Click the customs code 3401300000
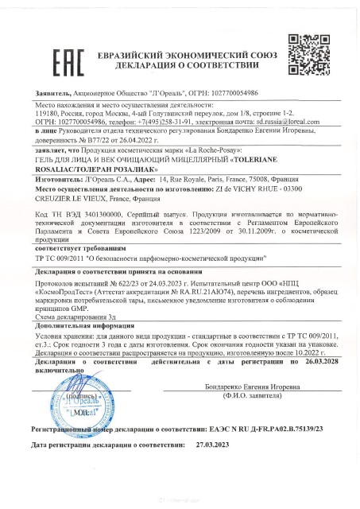point(101,216)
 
